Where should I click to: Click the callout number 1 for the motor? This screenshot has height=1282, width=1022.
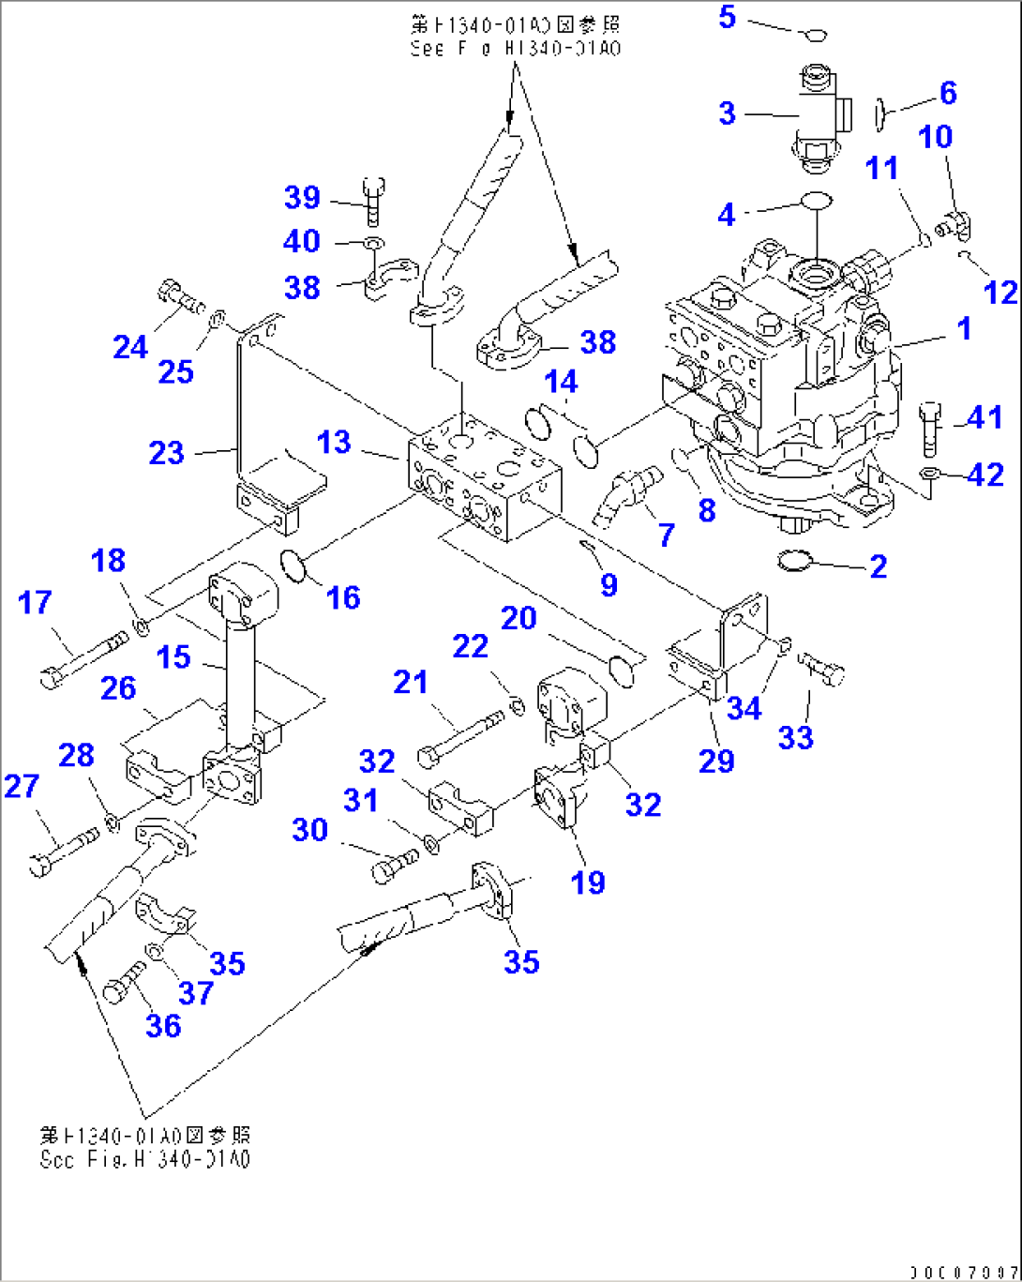click(963, 329)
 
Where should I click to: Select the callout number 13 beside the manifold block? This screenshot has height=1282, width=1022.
click(334, 442)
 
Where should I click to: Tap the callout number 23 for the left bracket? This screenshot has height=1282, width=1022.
click(167, 454)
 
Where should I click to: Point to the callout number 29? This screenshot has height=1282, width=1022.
click(716, 760)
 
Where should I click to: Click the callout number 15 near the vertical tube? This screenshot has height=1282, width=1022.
click(173, 657)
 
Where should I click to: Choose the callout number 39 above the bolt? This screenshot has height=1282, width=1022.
click(302, 198)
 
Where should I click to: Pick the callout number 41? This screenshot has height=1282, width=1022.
click(985, 417)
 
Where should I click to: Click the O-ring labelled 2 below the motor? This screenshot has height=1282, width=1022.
click(796, 561)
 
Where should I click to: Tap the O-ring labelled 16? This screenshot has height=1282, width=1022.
click(293, 566)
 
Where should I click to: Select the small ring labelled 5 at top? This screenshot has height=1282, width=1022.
click(814, 36)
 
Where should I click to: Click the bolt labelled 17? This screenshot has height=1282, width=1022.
click(84, 657)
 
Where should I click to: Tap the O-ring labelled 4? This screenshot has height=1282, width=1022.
click(816, 201)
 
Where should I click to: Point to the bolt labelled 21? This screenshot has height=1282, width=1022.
click(459, 735)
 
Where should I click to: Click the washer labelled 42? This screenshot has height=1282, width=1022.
click(928, 475)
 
